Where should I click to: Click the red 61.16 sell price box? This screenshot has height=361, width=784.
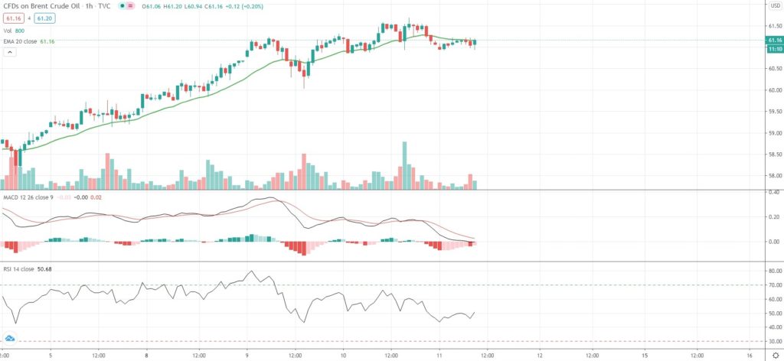coord(15,18)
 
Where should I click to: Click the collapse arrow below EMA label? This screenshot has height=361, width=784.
coord(11,52)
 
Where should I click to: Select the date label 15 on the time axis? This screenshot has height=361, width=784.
coord(645,355)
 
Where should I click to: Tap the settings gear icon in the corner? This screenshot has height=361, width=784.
coord(774,355)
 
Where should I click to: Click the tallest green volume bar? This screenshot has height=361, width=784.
coord(404,165)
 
